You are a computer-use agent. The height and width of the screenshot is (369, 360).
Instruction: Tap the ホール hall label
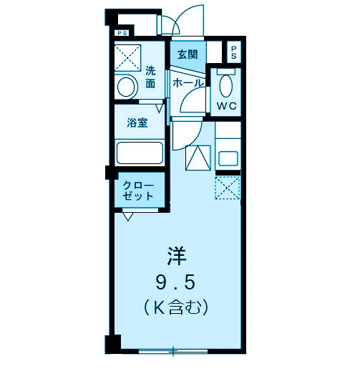[188, 84]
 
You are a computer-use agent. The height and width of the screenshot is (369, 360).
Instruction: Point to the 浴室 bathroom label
[137, 123]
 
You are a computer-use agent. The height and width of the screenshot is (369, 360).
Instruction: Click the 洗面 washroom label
[151, 77]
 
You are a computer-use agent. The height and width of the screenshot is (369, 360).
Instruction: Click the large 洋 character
[177, 254]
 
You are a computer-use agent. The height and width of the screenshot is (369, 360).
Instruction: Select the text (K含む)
[177, 308]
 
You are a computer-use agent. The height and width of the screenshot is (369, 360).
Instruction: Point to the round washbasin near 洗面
[127, 87]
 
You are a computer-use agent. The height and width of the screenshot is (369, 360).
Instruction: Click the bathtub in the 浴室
[139, 154]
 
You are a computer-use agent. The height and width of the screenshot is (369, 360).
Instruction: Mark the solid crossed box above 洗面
[130, 57]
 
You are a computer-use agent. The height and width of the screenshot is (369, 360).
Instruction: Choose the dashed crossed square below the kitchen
[227, 188]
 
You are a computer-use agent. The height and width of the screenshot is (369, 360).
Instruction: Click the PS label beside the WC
[233, 52]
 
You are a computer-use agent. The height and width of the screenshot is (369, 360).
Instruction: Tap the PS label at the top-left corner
[122, 32]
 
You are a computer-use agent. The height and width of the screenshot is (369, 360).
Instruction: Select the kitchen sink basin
[229, 158]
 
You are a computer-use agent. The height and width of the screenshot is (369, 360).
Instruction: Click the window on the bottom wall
[173, 351]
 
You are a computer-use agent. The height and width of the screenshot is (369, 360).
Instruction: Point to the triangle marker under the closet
[127, 216]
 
